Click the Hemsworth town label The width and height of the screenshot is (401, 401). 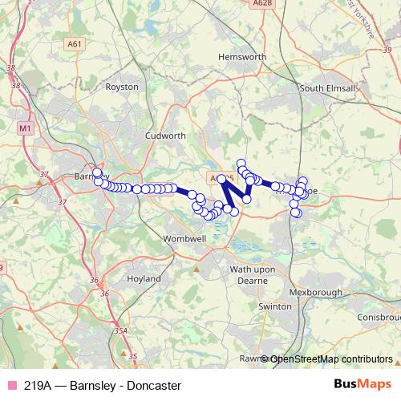[241, 58]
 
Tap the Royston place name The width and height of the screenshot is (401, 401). [122, 87]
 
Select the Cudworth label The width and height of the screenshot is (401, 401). [164, 136]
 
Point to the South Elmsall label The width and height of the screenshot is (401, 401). [327, 88]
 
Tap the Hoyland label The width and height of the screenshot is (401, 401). [144, 279]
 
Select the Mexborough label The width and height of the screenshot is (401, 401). [319, 293]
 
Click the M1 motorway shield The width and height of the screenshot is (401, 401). [26, 128]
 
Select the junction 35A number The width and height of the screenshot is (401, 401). [120, 330]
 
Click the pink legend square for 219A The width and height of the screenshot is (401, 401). [11, 386]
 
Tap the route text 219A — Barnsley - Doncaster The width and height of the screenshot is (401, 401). [102, 386]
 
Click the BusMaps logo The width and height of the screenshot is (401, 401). [362, 385]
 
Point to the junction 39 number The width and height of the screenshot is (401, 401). [387, 51]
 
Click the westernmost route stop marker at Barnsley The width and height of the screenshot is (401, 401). [97, 172]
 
